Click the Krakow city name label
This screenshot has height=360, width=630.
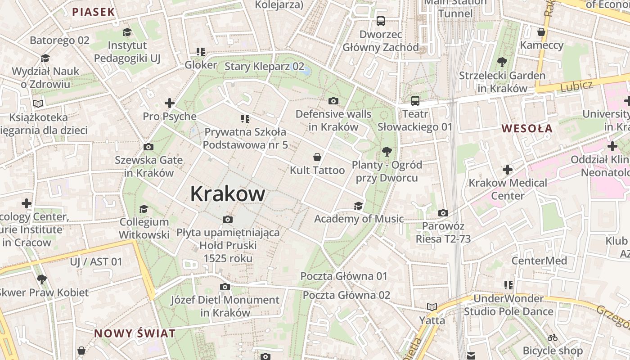point(227,194)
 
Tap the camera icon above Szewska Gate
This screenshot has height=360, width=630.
point(148,147)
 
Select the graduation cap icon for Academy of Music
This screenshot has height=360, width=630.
point(358,206)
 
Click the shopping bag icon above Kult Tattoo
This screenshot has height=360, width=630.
point(317,157)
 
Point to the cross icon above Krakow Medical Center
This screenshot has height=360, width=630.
point(508,170)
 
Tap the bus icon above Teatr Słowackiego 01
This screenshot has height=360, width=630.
point(415,101)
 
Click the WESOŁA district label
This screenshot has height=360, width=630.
point(527,128)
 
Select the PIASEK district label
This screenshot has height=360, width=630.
point(94,12)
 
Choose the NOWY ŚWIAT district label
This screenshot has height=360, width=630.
point(135,333)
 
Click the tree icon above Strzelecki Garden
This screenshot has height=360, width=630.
point(502,62)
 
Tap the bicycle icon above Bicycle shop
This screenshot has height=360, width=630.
point(553,337)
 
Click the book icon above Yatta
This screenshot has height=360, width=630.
point(432,307)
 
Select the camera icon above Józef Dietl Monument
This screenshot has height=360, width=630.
point(225,287)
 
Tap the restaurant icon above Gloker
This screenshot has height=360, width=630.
point(200,52)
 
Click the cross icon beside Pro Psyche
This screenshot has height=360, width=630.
point(170,103)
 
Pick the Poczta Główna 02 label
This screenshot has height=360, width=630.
point(346,295)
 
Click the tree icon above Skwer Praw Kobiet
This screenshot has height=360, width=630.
point(42,279)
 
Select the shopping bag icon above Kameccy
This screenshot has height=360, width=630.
point(541,32)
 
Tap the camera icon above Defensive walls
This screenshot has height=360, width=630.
point(333,101)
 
